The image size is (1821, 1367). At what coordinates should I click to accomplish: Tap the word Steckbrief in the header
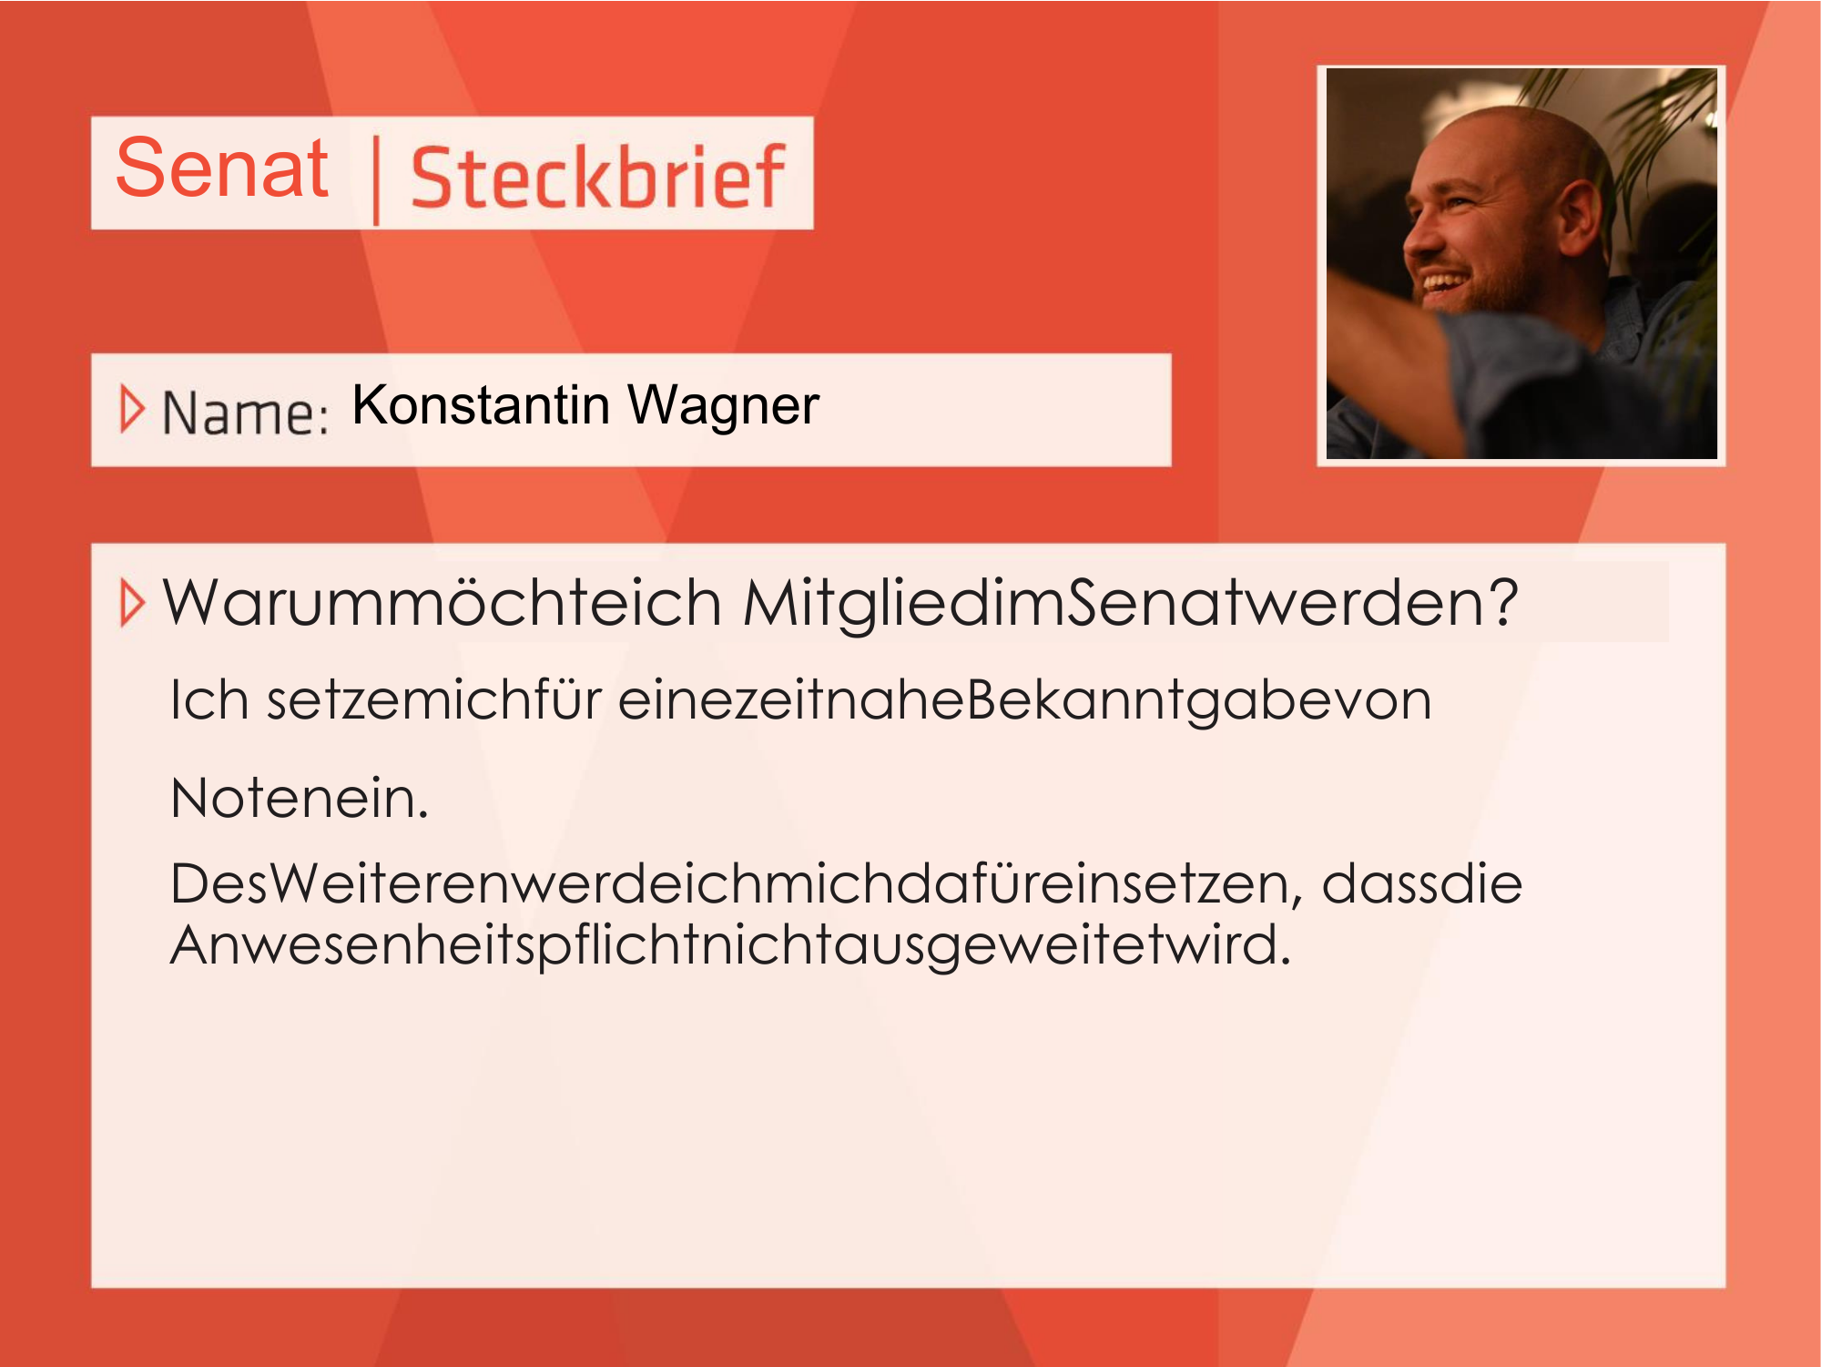coord(597,177)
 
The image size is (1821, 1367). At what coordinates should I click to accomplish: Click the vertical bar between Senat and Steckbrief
coord(376,179)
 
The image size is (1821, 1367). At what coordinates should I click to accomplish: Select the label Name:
coord(245,413)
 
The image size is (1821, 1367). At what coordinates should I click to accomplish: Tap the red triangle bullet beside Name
coord(132,410)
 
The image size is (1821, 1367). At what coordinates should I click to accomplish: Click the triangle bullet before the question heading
coord(132,603)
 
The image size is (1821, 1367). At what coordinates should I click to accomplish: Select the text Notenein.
coord(300,798)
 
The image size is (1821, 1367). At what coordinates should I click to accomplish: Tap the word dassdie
coord(1421,883)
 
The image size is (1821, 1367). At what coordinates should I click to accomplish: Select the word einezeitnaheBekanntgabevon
coord(1025,701)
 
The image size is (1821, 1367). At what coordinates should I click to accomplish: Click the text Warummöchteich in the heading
coord(443,603)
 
